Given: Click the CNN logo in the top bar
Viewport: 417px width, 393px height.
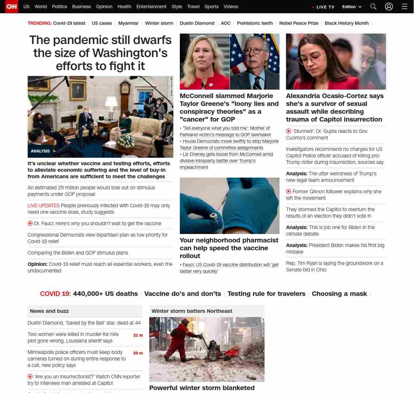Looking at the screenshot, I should point(12,7).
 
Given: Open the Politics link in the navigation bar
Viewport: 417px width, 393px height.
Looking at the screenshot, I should point(59,7).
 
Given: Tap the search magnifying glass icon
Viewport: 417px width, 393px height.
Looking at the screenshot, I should point(373,7).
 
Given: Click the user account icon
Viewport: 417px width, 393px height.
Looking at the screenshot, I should point(389,7).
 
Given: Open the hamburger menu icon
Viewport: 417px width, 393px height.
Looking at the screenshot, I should point(404,7).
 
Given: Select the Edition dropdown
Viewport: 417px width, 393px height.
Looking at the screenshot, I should point(352,7).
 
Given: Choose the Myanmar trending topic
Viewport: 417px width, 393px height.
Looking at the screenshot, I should point(128,23).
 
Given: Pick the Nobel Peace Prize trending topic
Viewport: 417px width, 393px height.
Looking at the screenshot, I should point(299,23).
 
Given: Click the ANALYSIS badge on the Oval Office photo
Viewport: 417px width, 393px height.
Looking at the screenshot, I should point(40,151).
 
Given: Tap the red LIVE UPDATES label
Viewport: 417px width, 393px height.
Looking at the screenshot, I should point(44,206).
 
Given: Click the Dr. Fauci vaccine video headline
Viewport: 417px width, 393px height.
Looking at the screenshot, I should point(97,224).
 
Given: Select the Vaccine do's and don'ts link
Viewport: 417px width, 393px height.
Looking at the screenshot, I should point(182,294).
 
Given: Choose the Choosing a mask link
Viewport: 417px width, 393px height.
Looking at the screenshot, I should point(339,294).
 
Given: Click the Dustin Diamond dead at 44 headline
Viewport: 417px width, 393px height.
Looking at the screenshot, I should point(84,323).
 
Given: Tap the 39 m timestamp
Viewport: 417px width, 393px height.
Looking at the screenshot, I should point(138,353).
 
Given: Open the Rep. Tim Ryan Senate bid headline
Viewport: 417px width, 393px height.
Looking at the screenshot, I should point(335,267).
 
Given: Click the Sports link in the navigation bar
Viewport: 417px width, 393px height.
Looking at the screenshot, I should point(211,7).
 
